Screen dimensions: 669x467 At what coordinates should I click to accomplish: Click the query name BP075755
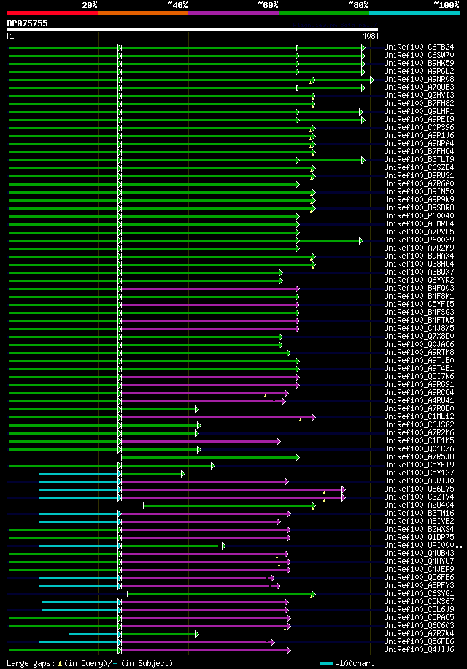pyautogui.click(x=28, y=23)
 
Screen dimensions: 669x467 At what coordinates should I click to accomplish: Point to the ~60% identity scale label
pyautogui.click(x=268, y=4)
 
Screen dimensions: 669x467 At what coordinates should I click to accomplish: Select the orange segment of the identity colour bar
pyautogui.click(x=143, y=12)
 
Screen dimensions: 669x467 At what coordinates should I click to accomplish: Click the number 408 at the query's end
pyautogui.click(x=368, y=35)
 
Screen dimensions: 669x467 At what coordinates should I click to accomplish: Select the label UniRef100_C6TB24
pyautogui.click(x=419, y=47)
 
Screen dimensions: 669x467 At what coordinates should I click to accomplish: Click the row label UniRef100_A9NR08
pyautogui.click(x=419, y=79)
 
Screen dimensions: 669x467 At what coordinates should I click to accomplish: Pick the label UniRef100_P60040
pyautogui.click(x=419, y=215)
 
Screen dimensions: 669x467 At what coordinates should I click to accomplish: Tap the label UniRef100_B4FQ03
pyautogui.click(x=419, y=288)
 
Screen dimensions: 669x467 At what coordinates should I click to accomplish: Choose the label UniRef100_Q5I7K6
pyautogui.click(x=419, y=376)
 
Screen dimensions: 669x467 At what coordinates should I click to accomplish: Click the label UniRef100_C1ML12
pyautogui.click(x=419, y=416)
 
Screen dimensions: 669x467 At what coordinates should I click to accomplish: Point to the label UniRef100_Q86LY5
pyautogui.click(x=419, y=489)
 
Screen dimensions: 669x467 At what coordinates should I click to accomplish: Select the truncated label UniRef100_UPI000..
pyautogui.click(x=422, y=545)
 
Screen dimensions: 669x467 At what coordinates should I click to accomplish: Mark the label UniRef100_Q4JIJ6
pyautogui.click(x=419, y=649)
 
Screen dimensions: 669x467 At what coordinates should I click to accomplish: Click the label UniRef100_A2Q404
pyautogui.click(x=419, y=505)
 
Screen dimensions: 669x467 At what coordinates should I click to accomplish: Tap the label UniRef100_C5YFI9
pyautogui.click(x=419, y=465)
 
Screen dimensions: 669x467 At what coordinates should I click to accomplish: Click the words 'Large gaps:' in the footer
pyautogui.click(x=29, y=663)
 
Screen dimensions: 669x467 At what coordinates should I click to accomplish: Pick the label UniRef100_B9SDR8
pyautogui.click(x=419, y=207)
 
